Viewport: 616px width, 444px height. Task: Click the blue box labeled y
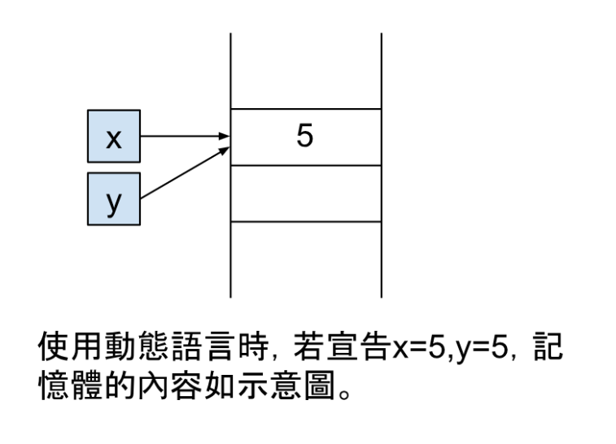(114, 198)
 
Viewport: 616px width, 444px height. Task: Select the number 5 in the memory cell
(304, 137)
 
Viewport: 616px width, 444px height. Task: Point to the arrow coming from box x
(183, 137)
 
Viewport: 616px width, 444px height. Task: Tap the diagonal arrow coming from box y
(183, 173)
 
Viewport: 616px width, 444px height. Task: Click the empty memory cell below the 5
(306, 194)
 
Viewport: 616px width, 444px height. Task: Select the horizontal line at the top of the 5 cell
(306, 109)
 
